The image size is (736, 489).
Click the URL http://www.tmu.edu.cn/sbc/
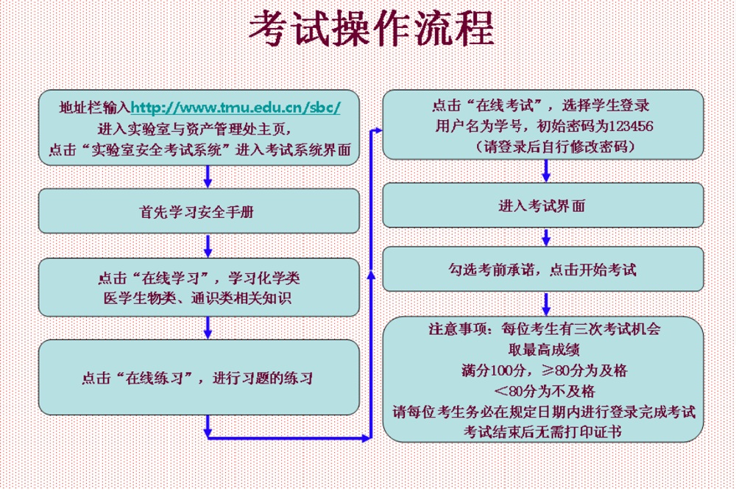point(236,108)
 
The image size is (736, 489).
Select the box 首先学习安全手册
point(199,211)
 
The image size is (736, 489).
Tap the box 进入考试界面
point(543,205)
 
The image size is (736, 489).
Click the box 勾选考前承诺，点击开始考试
point(543,269)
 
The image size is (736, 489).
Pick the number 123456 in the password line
point(631,126)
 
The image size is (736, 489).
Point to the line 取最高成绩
point(544,349)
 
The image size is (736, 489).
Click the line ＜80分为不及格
point(545,391)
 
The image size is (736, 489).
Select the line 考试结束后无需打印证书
point(542,432)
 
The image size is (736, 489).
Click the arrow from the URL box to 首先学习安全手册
point(208,177)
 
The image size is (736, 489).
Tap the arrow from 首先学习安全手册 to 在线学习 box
point(208,246)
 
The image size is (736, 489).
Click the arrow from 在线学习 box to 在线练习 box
point(208,328)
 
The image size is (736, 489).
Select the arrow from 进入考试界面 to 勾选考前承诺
point(546,237)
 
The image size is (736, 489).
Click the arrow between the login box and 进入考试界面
point(546,171)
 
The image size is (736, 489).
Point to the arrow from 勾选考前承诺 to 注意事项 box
point(546,304)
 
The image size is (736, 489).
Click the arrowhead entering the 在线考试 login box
point(378,130)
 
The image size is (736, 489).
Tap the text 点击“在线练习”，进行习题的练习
point(197,378)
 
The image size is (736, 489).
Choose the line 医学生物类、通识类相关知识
point(197,298)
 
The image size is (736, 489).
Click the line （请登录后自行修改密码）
point(555,147)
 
